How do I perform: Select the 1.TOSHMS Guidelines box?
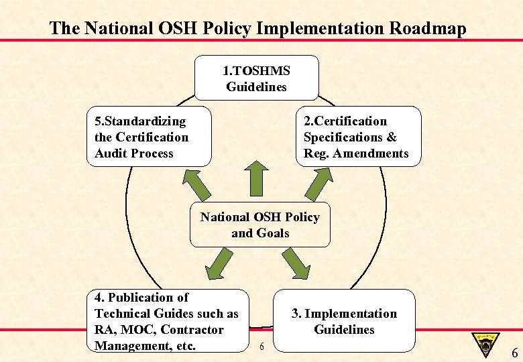[256, 78]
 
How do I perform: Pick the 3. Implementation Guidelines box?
[343, 321]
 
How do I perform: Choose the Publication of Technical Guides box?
[168, 321]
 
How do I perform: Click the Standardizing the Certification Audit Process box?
[149, 136]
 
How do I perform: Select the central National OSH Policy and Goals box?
[259, 225]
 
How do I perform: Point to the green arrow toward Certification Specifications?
[321, 182]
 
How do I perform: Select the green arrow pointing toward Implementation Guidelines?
[296, 263]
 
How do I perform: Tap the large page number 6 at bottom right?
[514, 352]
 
